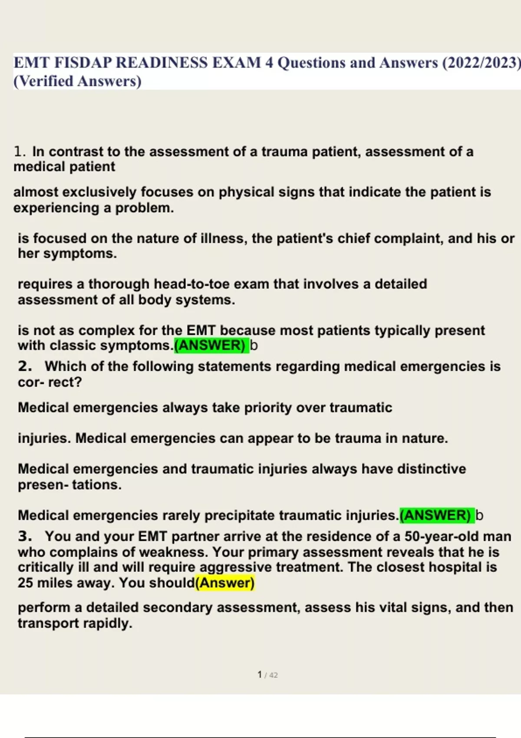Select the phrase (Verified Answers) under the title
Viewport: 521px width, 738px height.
[x=78, y=82]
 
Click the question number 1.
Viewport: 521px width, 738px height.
[x=20, y=152]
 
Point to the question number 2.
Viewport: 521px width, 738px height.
[x=25, y=366]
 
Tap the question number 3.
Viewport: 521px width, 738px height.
[x=25, y=537]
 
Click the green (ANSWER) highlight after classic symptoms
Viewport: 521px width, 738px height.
[x=211, y=346]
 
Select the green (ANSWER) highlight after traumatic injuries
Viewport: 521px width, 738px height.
[x=436, y=515]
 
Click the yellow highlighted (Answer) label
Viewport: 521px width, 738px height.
[x=225, y=583]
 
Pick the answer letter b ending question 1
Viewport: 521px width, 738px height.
[x=254, y=346]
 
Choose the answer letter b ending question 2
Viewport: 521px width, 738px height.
[x=479, y=515]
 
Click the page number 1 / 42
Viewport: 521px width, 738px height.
[x=267, y=675]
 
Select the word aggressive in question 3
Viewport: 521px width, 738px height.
[x=236, y=567]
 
